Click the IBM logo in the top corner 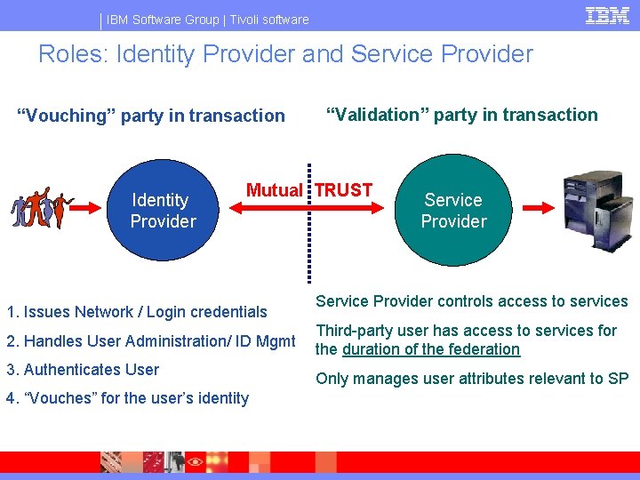[608, 16]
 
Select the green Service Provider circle [453, 211]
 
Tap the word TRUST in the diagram [344, 190]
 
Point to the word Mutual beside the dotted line [274, 190]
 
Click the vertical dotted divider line [309, 222]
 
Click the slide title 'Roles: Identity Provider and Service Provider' [285, 54]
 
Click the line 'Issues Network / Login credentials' [137, 312]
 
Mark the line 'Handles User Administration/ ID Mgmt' [150, 341]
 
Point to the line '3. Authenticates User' [83, 370]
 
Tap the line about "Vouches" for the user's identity [127, 398]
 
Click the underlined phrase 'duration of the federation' [431, 349]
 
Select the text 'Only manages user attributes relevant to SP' [472, 379]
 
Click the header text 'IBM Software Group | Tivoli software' [208, 20]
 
